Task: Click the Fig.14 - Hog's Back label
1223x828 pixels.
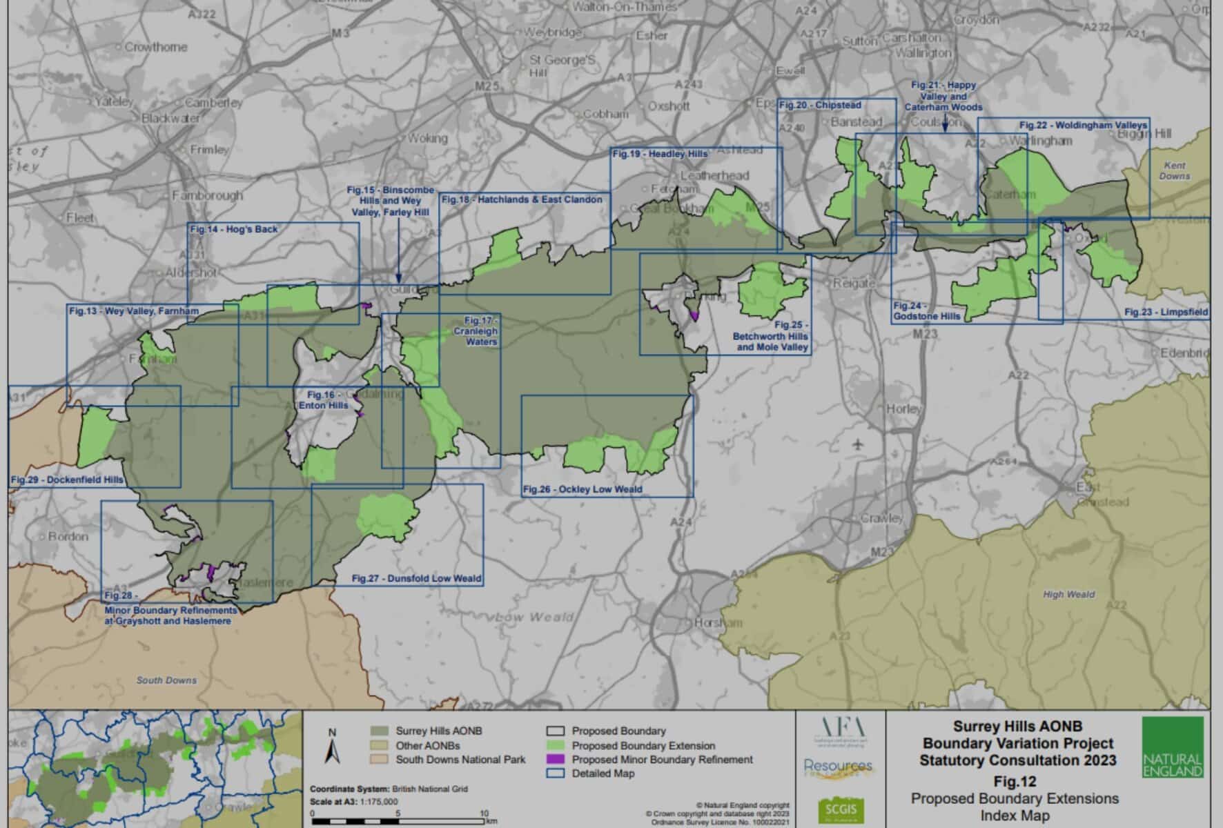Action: (x=234, y=229)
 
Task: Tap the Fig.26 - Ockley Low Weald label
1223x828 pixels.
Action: (x=583, y=489)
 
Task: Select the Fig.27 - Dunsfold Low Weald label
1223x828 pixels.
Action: (x=417, y=578)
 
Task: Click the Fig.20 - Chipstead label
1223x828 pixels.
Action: (x=820, y=105)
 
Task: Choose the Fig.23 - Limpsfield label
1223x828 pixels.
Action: (x=1166, y=312)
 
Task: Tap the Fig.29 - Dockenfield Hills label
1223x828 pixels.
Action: (x=67, y=480)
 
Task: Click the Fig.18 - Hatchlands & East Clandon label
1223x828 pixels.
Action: (x=522, y=199)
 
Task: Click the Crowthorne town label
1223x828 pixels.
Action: (x=155, y=47)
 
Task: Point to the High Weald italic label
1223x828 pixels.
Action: (x=1068, y=594)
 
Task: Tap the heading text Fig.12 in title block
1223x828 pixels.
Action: (x=1015, y=782)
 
